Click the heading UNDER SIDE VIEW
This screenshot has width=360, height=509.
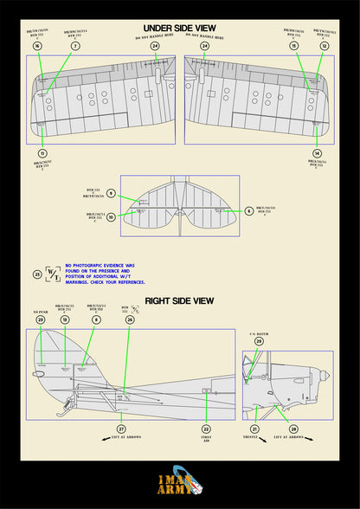179,29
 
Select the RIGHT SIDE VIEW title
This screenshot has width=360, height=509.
179,300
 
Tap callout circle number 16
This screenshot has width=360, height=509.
37,45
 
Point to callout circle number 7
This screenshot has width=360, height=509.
75,45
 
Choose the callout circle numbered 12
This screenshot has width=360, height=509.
324,45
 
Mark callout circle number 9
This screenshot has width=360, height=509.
111,193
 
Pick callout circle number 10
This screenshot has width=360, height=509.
111,217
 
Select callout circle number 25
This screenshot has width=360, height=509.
37,275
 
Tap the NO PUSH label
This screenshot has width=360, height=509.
40,310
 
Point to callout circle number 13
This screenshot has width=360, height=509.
64,319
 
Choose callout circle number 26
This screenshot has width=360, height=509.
130,319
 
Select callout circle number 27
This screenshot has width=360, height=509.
121,428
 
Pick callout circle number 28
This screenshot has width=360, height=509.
293,428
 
